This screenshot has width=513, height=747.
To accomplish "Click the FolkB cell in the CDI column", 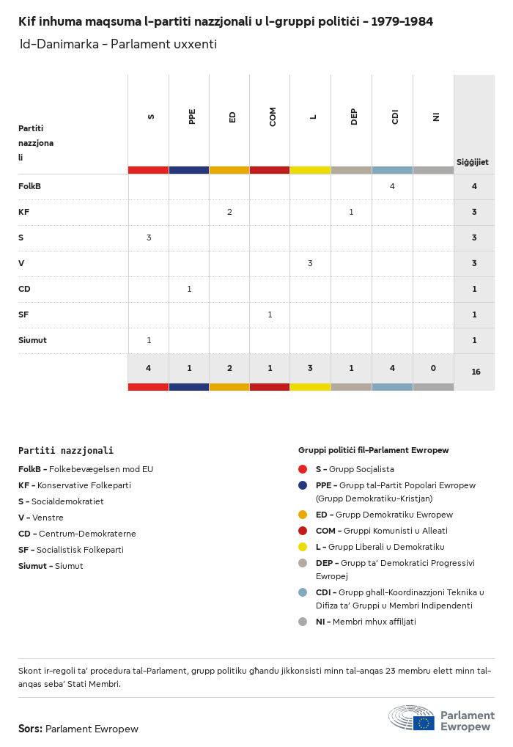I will coord(392,186).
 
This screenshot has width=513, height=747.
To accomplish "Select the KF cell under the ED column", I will coord(229,212).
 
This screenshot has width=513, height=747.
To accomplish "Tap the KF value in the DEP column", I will coord(351,212).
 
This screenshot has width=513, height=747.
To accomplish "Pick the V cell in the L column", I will coord(310,263).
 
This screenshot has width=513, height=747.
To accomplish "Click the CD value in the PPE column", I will coord(189,289).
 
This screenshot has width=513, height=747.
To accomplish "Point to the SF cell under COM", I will coord(270,314).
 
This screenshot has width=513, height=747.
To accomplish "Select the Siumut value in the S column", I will coord(149,340).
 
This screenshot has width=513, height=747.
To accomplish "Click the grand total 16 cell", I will coord(476,372).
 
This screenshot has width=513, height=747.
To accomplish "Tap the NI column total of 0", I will coord(433,368).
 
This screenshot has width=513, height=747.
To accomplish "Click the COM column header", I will coord(273,117).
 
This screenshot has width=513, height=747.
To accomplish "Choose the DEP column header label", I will coord(354,117).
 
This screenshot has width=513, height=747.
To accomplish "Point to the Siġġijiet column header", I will coord(473,162).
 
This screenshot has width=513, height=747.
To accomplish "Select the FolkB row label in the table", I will coord(29,186).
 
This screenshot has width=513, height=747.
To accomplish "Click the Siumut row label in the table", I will coord(32,340).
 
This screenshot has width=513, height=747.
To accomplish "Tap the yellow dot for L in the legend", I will coord(303,547).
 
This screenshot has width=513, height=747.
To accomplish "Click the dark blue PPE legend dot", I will coord(303,485).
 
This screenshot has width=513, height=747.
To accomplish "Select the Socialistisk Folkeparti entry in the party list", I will coord(71,550).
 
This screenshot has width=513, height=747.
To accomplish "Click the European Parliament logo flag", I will coord(424,723).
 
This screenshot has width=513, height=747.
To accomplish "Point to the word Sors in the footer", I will coord(30,729).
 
